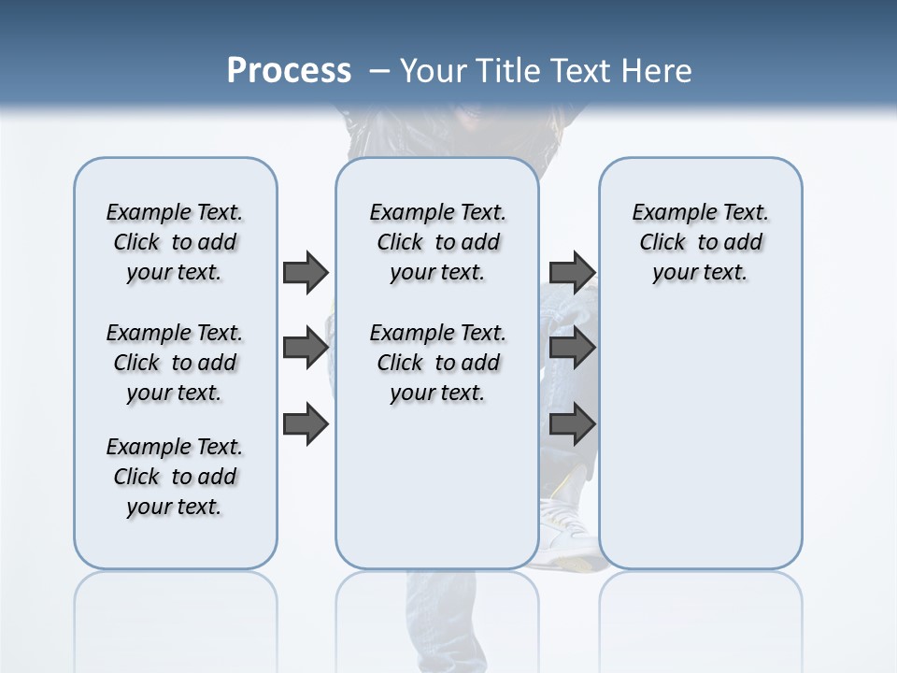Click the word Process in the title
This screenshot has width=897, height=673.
click(x=289, y=70)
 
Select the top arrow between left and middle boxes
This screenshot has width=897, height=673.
click(x=305, y=272)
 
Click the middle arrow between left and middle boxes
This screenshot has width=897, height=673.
click(x=305, y=349)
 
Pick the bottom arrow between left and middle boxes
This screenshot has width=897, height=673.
click(x=305, y=424)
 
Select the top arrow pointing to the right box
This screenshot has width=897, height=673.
click(x=572, y=272)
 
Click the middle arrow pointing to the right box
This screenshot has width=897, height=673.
click(x=572, y=349)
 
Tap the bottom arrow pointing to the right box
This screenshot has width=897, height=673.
click(x=572, y=424)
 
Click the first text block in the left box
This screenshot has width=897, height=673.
click(x=175, y=242)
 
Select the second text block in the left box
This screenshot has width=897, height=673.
click(x=175, y=363)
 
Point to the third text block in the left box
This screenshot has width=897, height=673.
click(x=175, y=477)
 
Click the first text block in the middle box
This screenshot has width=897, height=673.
click(x=438, y=242)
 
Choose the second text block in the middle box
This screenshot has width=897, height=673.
click(x=438, y=363)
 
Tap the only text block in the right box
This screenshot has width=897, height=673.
click(x=701, y=242)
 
